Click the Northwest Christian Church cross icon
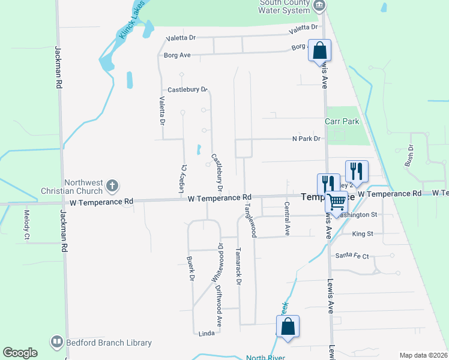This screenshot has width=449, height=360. click(112, 187)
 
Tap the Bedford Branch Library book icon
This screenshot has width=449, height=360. click(57, 342)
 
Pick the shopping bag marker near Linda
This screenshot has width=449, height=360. click(288, 326)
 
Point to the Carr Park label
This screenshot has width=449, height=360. click(342, 121)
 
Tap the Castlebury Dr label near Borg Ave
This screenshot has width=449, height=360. click(187, 90)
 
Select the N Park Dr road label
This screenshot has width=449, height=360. click(306, 139)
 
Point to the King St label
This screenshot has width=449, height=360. click(363, 233)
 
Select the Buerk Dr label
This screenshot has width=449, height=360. click(190, 269)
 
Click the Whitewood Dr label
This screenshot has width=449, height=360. click(217, 263)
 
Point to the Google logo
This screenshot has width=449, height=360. click(20, 353)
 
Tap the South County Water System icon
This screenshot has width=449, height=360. click(319, 6)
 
